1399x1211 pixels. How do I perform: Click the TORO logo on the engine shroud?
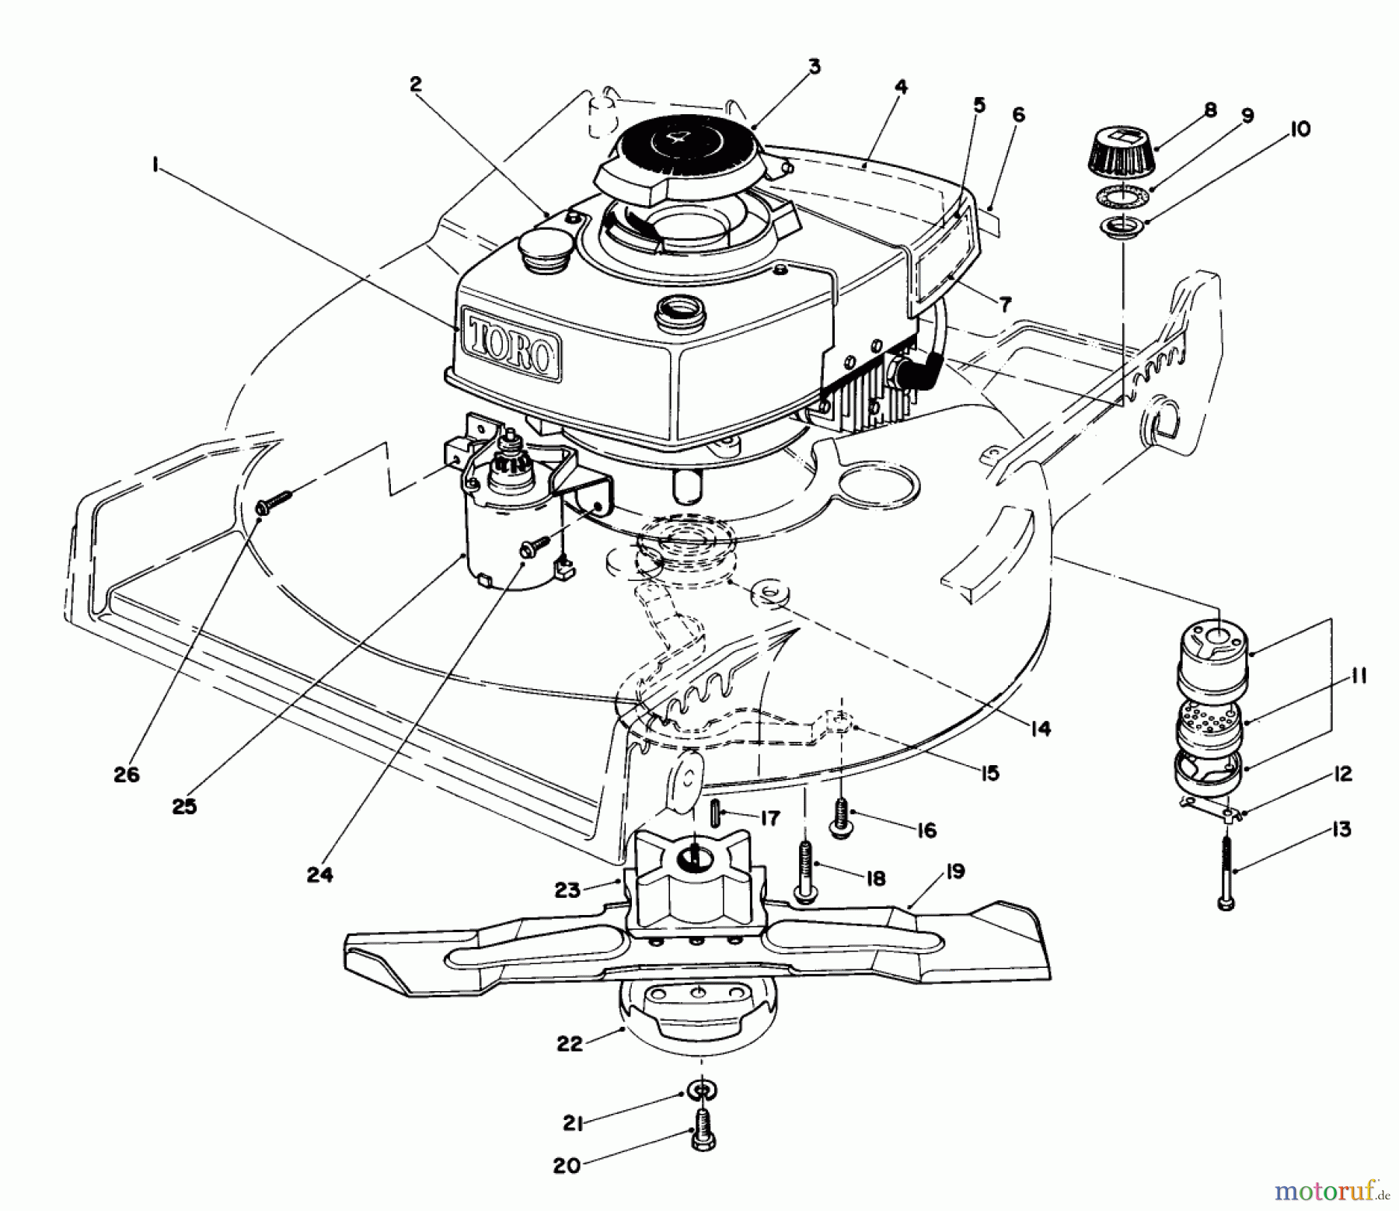511,343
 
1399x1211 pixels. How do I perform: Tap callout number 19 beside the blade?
955,871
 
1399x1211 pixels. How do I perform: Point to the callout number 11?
1359,675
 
